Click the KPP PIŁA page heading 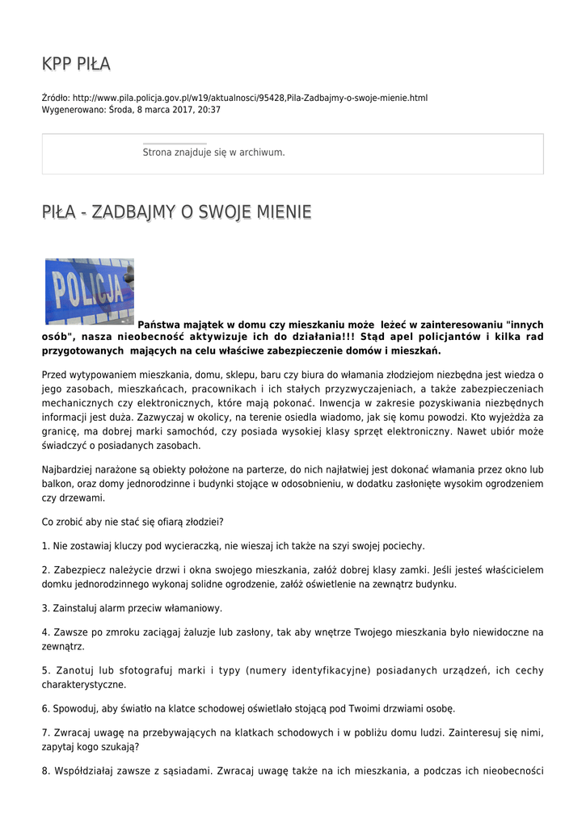pyautogui.click(x=76, y=64)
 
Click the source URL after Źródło pyautogui.click(x=250, y=98)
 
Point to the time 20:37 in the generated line pyautogui.click(x=209, y=109)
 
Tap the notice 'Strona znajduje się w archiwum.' pyautogui.click(x=213, y=152)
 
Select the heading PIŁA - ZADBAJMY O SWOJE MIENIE pyautogui.click(x=176, y=212)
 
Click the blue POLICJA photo pyautogui.click(x=89, y=291)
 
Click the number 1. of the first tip pyautogui.click(x=45, y=545)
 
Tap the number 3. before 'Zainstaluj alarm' pyautogui.click(x=45, y=607)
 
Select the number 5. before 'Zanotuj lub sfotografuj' pyautogui.click(x=45, y=670)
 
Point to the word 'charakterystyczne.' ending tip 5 pyautogui.click(x=84, y=684)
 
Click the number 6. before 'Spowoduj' pyautogui.click(x=45, y=708)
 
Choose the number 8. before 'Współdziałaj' pyautogui.click(x=45, y=770)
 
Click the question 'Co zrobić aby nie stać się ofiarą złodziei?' pyautogui.click(x=133, y=522)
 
